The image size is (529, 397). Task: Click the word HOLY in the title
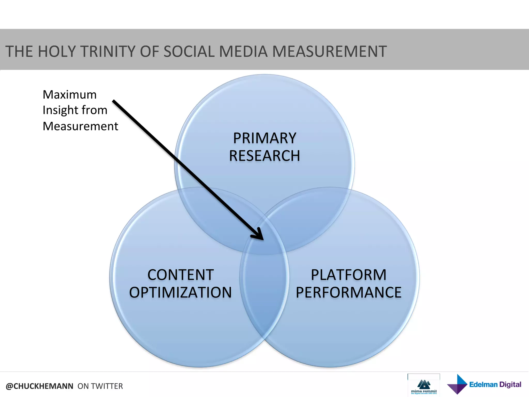[56, 51]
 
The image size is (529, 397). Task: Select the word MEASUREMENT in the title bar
[329, 51]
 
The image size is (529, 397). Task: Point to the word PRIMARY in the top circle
[264, 138]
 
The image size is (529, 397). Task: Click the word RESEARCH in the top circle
[264, 156]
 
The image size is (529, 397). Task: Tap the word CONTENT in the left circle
[180, 275]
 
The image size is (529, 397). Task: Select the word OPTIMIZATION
[180, 292]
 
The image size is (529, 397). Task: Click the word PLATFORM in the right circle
[348, 275]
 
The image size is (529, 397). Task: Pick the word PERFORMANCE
[348, 292]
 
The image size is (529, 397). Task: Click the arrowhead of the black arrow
[259, 235]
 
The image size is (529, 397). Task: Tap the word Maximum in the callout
[69, 95]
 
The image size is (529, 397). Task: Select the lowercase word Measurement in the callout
[80, 126]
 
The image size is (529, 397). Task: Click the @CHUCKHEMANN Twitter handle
[40, 386]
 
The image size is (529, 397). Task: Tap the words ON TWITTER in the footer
[100, 386]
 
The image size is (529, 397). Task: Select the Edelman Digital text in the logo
[495, 385]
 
